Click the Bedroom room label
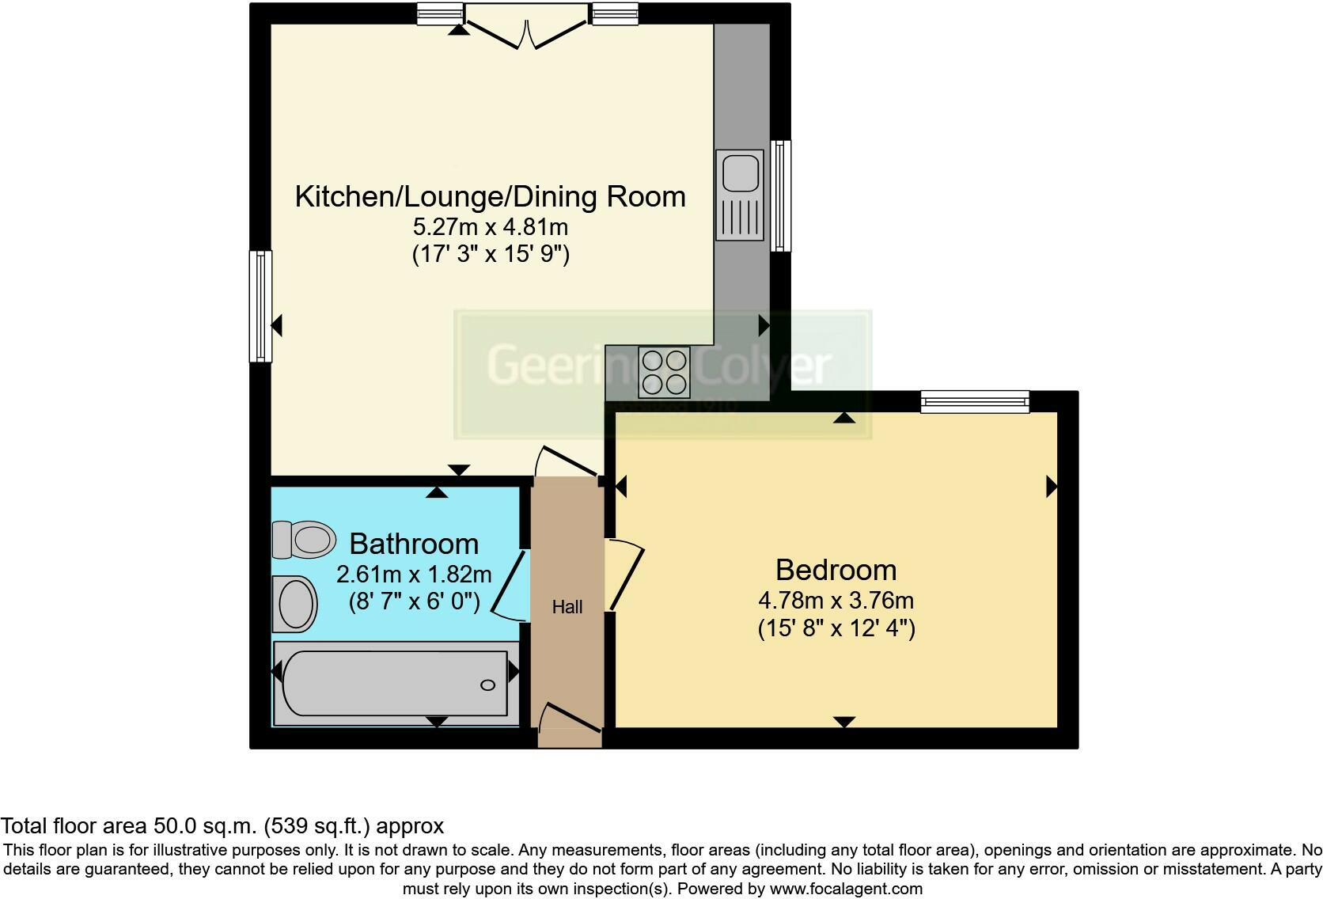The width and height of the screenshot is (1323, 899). coord(836,570)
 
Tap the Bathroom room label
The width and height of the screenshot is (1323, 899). coord(414,544)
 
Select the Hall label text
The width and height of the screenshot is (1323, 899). coord(567,607)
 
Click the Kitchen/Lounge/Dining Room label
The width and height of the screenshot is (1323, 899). coord(490,196)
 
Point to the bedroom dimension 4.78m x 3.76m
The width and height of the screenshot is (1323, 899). coord(836,600)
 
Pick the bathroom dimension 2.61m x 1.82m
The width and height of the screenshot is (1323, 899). coord(414,574)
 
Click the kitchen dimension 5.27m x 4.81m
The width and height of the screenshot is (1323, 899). coord(490,227)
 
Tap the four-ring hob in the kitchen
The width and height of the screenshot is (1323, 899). coord(664,372)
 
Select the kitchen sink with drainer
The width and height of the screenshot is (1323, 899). coord(740,195)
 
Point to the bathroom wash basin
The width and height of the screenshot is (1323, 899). coord(294,604)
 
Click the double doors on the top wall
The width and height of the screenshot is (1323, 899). coord(527,28)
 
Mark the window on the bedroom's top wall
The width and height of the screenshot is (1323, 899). coord(975,401)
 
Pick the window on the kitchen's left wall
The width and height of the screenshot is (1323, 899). coord(260,306)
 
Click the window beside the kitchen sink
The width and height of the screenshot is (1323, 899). coord(781,195)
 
